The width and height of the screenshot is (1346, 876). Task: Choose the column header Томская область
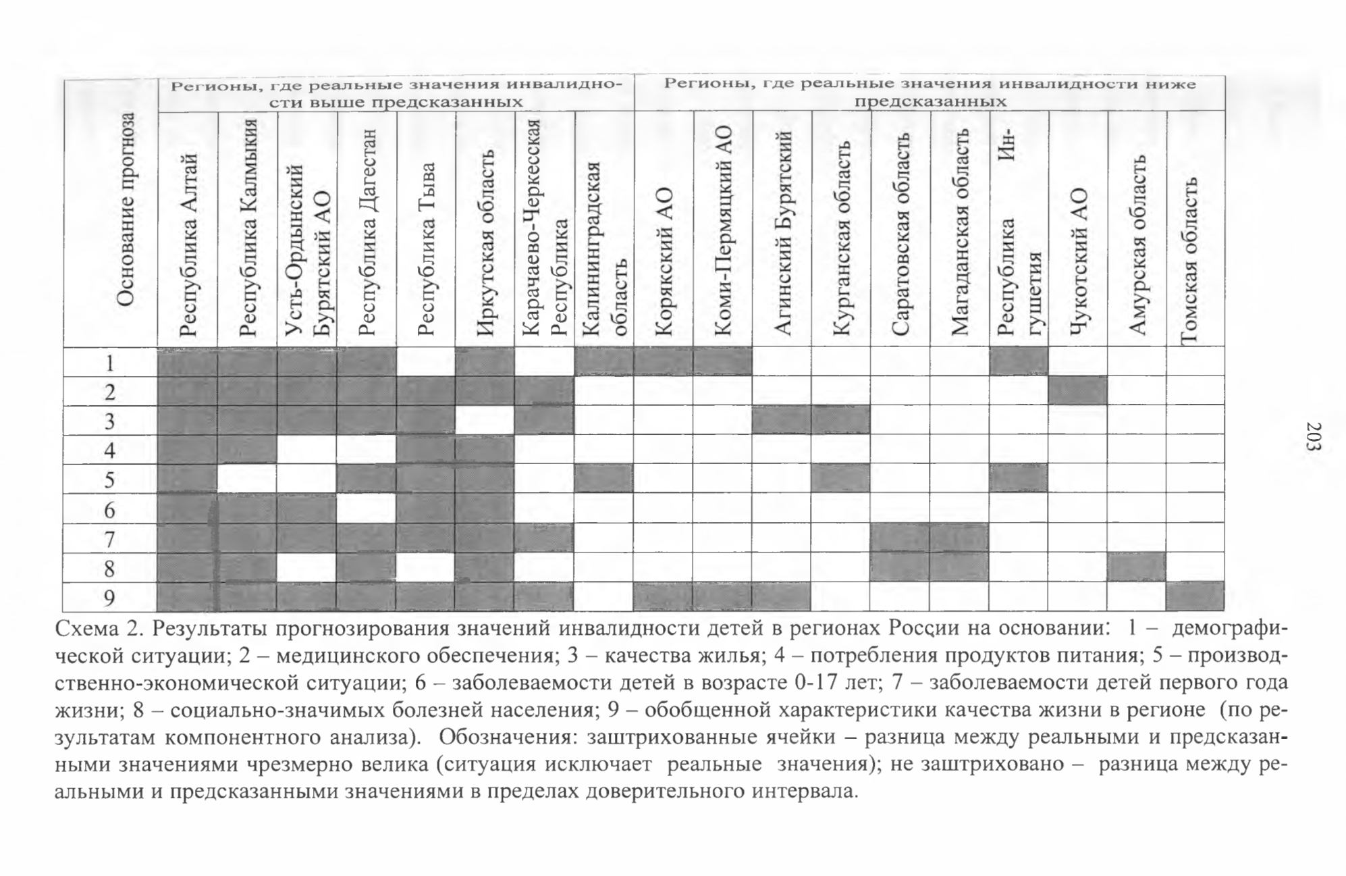click(x=1189, y=261)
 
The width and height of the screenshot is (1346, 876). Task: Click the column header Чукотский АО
click(x=1079, y=261)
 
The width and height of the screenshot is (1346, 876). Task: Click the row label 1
click(x=110, y=363)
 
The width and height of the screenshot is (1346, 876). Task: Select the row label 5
click(x=110, y=480)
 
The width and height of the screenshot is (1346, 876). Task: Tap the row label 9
click(x=110, y=598)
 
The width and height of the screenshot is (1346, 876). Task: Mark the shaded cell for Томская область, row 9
click(x=1195, y=596)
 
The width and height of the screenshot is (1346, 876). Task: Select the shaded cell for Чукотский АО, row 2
click(x=1078, y=390)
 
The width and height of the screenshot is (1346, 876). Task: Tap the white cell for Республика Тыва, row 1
click(x=427, y=361)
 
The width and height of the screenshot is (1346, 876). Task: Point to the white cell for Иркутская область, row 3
click(x=485, y=420)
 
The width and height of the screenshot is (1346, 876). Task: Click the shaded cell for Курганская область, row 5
click(x=841, y=479)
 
